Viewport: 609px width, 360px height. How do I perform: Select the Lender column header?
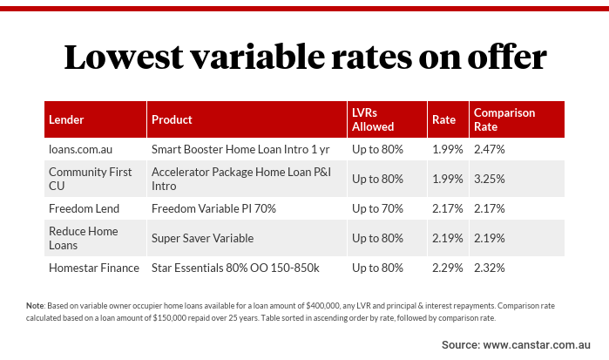click(66, 119)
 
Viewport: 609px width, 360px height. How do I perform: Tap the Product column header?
click(172, 119)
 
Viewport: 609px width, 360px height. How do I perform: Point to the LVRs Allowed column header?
click(373, 119)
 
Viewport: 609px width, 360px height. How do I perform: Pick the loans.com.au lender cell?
click(81, 149)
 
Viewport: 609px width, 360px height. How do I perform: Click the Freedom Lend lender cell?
click(84, 208)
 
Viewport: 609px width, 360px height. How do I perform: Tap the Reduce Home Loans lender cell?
click(83, 238)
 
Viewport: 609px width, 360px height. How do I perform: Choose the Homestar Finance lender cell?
click(93, 268)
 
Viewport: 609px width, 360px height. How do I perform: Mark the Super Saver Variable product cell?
click(203, 238)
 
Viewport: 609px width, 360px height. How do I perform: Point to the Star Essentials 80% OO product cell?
click(235, 268)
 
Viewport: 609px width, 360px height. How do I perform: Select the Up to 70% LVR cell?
click(377, 208)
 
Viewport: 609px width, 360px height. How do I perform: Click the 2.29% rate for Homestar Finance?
click(448, 268)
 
